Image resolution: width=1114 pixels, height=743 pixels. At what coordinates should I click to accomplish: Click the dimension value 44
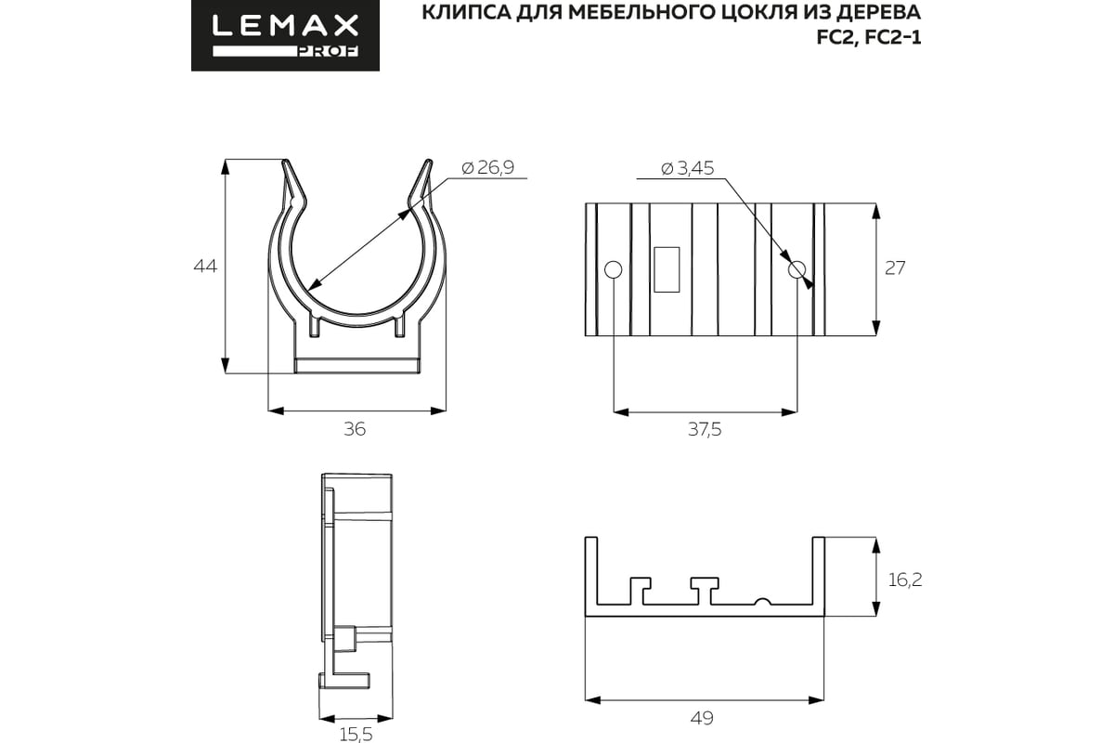coord(204,267)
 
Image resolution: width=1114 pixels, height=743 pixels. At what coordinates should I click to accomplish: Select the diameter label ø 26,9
coord(487,167)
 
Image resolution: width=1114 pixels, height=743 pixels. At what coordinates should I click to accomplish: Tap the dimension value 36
coord(355,429)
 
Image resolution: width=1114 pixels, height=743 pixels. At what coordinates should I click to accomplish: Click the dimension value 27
coord(895,268)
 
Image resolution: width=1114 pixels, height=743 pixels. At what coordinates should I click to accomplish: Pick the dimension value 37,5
coord(704,429)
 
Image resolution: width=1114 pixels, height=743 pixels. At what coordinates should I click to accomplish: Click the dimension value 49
coord(703,718)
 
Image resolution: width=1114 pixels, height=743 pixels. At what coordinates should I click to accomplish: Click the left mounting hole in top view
coord(612,270)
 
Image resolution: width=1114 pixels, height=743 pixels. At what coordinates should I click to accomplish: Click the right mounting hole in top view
coord(796,270)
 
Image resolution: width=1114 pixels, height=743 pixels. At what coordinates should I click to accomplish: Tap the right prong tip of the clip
coord(427,163)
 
